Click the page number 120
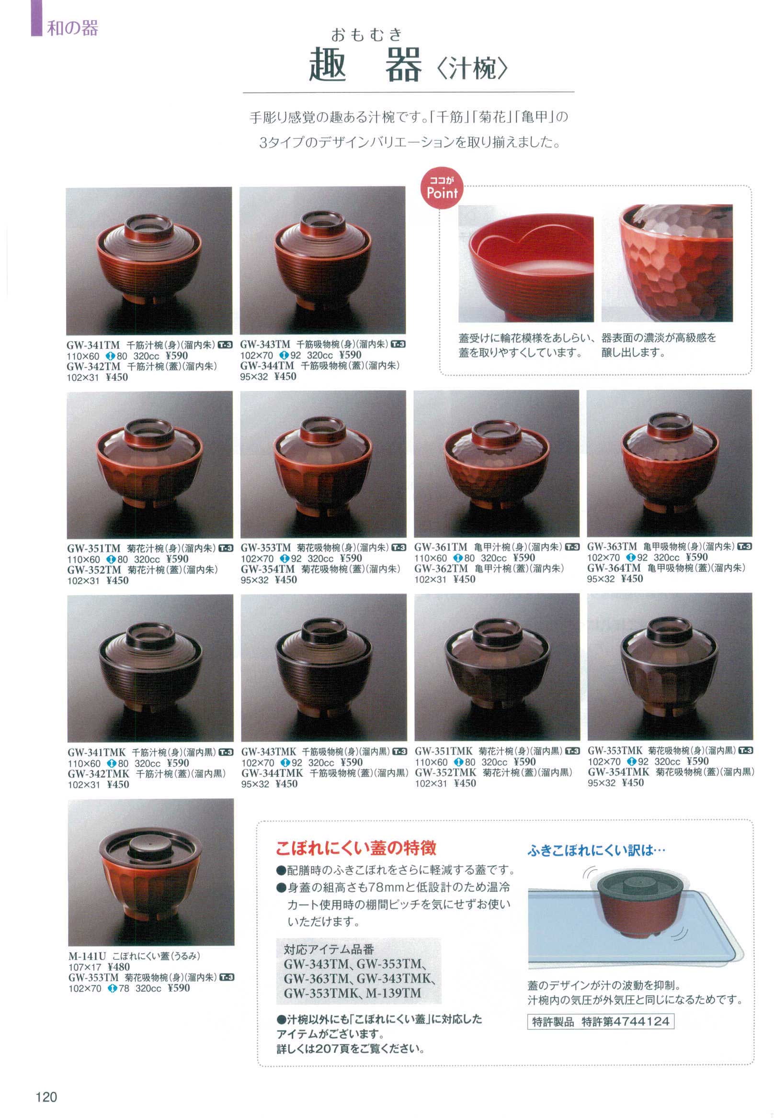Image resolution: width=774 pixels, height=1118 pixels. point(46,1096)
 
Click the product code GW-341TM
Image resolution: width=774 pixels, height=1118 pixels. point(93,345)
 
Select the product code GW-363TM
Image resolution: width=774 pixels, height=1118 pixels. point(612,546)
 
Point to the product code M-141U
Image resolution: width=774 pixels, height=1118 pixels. point(87,956)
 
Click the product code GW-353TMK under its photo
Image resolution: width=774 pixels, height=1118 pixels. point(615,750)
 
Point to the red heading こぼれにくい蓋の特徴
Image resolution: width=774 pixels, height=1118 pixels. point(356,848)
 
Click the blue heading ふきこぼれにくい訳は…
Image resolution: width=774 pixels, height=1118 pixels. point(596,850)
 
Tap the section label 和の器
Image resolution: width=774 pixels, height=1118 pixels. point(73,28)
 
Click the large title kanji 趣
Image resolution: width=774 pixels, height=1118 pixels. point(328,65)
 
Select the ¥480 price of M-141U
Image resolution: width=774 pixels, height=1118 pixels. point(118,967)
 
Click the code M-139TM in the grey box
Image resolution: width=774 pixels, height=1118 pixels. point(393,993)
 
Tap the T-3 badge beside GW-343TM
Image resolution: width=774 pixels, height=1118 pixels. point(398,344)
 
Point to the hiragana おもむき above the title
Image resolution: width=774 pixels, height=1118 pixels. point(367,34)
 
